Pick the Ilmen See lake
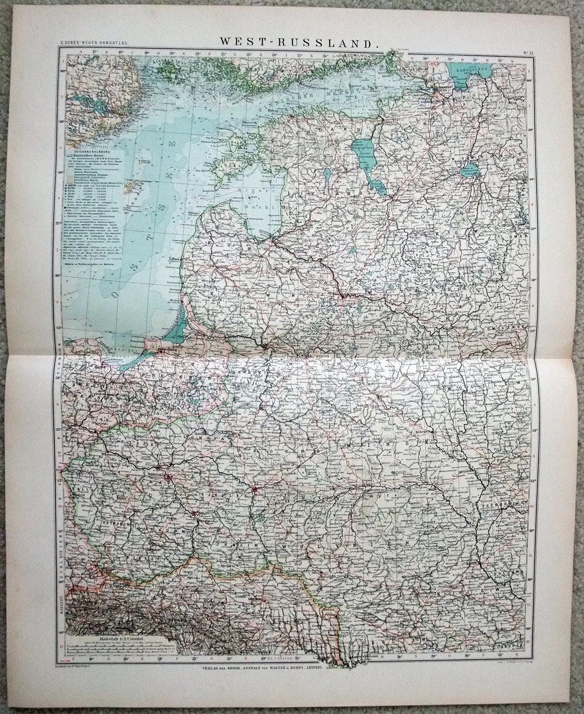click(469, 170)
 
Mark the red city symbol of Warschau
click(170, 477)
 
